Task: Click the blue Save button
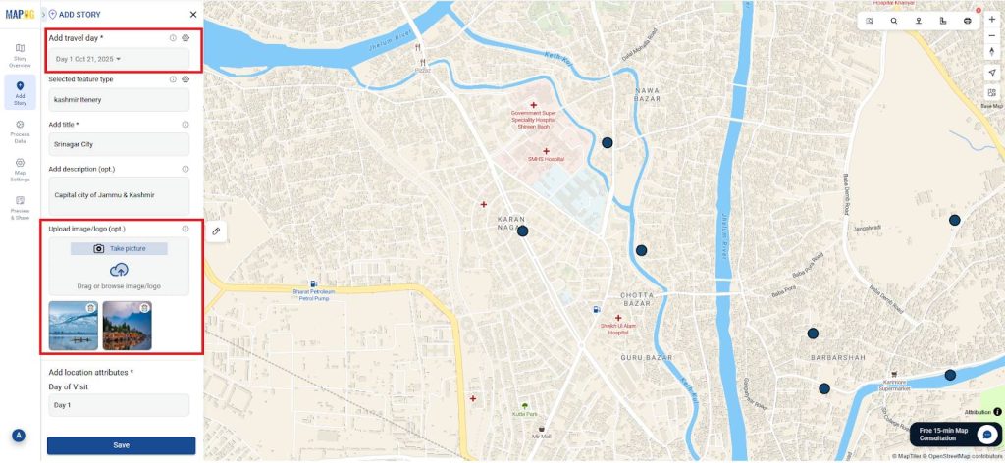[x=121, y=445]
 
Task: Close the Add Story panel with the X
[x=193, y=15]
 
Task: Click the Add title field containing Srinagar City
[x=118, y=144]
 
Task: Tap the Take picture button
[x=119, y=249]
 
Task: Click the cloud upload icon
[x=119, y=270]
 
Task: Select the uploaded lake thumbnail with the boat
[x=73, y=327]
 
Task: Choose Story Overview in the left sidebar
[x=20, y=55]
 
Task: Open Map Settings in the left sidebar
[x=20, y=169]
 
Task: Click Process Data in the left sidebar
[x=20, y=131]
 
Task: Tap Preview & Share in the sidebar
[x=20, y=208]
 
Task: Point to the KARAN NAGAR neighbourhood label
[x=512, y=222]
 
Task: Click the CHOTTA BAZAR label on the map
[x=644, y=294]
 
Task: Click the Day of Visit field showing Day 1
[x=118, y=405]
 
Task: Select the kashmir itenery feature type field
[x=118, y=100]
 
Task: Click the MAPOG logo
[x=20, y=15]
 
